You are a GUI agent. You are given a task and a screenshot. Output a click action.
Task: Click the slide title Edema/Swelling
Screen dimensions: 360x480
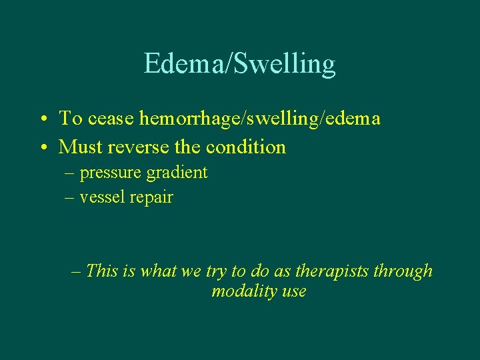pyautogui.click(x=239, y=64)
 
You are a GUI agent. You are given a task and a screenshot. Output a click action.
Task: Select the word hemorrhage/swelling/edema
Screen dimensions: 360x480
pyautogui.click(x=260, y=119)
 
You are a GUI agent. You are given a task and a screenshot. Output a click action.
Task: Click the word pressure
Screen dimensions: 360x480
pyautogui.click(x=110, y=173)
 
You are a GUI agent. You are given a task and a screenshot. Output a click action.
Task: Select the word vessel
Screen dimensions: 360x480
pyautogui.click(x=101, y=197)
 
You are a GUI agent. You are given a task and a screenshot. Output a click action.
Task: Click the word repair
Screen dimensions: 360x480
pyautogui.click(x=151, y=197)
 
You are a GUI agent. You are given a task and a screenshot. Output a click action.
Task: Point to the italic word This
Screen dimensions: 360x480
pyautogui.click(x=102, y=271)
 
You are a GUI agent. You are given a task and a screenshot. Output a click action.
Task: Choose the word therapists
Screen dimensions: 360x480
pyautogui.click(x=331, y=271)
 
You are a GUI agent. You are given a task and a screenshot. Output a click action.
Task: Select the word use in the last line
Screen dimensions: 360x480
pyautogui.click(x=293, y=292)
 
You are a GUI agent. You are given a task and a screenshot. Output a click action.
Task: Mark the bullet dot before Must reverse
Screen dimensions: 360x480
pyautogui.click(x=42, y=147)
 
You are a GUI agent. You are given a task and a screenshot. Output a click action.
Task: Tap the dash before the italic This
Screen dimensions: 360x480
pyautogui.click(x=75, y=271)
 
